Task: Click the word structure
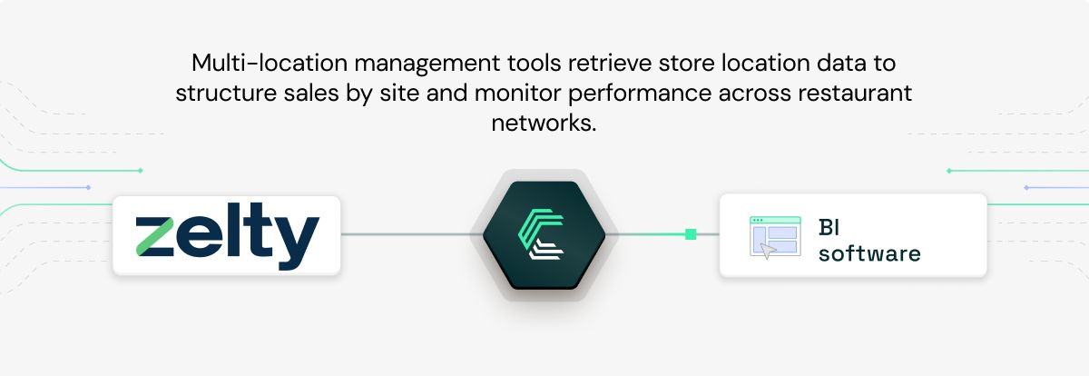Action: (x=223, y=94)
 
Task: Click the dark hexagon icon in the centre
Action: (x=544, y=235)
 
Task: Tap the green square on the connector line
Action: (x=691, y=234)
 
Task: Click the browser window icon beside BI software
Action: (x=774, y=236)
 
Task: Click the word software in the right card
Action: (x=868, y=253)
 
